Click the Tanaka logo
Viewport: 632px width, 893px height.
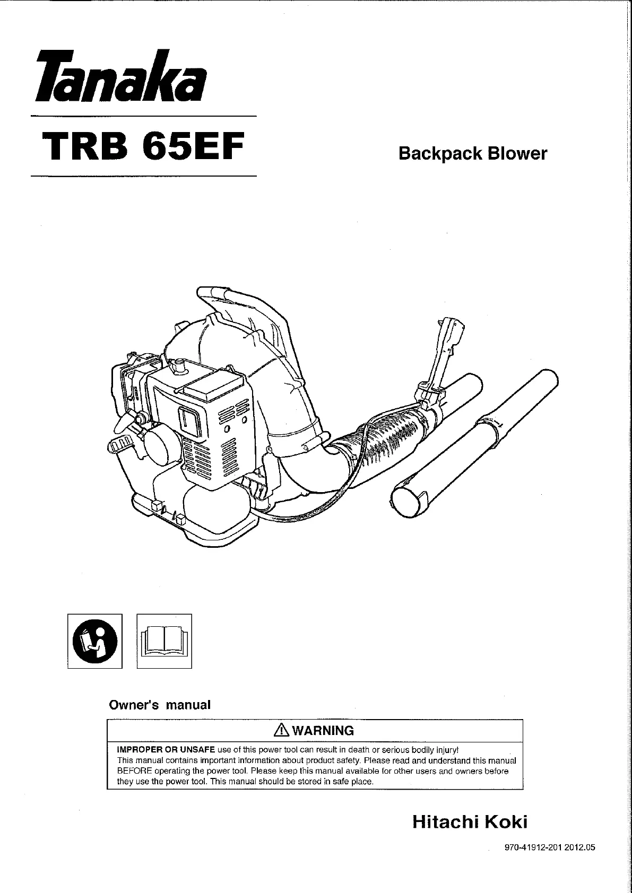pyautogui.click(x=119, y=77)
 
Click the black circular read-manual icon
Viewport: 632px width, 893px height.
pyautogui.click(x=95, y=641)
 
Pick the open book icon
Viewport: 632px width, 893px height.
pyautogui.click(x=165, y=641)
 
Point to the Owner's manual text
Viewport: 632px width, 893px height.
pyautogui.click(x=160, y=705)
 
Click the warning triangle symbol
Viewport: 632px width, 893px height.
pyautogui.click(x=280, y=731)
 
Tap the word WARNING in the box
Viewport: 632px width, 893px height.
pyautogui.click(x=323, y=731)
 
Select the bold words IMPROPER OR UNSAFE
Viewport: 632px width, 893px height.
pyautogui.click(x=166, y=750)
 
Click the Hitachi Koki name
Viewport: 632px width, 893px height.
pyautogui.click(x=470, y=822)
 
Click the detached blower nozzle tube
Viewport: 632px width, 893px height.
pyautogui.click(x=478, y=440)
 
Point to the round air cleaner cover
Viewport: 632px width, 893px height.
pyautogui.click(x=158, y=440)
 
